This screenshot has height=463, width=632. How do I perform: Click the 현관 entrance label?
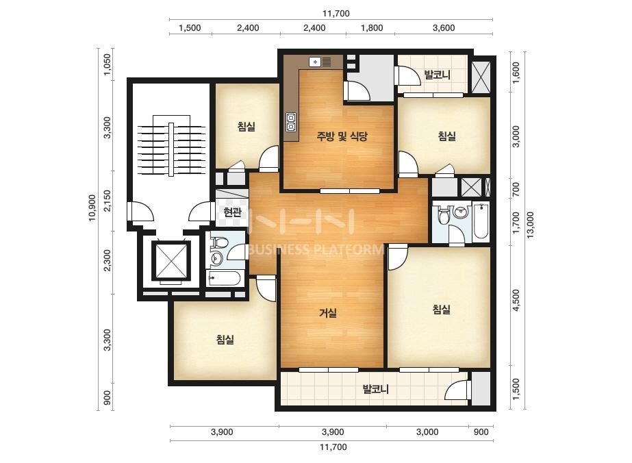click(x=232, y=212)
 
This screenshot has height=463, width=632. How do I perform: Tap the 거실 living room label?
click(x=328, y=312)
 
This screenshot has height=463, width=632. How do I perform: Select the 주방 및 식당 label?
click(x=342, y=136)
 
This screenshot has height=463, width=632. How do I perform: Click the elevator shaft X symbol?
click(x=170, y=260)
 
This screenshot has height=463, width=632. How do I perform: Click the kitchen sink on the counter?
click(x=320, y=62)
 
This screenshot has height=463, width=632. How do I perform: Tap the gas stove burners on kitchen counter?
click(x=291, y=122)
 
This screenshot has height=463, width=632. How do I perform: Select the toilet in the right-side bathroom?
click(x=444, y=214)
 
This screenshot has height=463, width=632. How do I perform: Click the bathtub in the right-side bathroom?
click(x=481, y=222)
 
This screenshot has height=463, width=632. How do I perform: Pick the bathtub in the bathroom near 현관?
click(x=224, y=278)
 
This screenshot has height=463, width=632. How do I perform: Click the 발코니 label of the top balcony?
click(x=438, y=75)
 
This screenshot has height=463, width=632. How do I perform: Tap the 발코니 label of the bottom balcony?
click(x=376, y=389)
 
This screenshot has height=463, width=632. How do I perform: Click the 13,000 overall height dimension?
click(x=531, y=225)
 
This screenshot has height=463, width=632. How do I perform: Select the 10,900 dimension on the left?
click(x=92, y=208)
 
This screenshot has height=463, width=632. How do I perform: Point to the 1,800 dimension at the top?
click(x=372, y=28)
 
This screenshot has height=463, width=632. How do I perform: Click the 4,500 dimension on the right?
click(x=516, y=301)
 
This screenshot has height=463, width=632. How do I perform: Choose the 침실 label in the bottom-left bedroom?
click(x=225, y=340)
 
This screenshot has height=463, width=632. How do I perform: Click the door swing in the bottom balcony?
click(x=457, y=390)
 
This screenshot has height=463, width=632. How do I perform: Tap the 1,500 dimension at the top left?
click(x=190, y=28)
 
